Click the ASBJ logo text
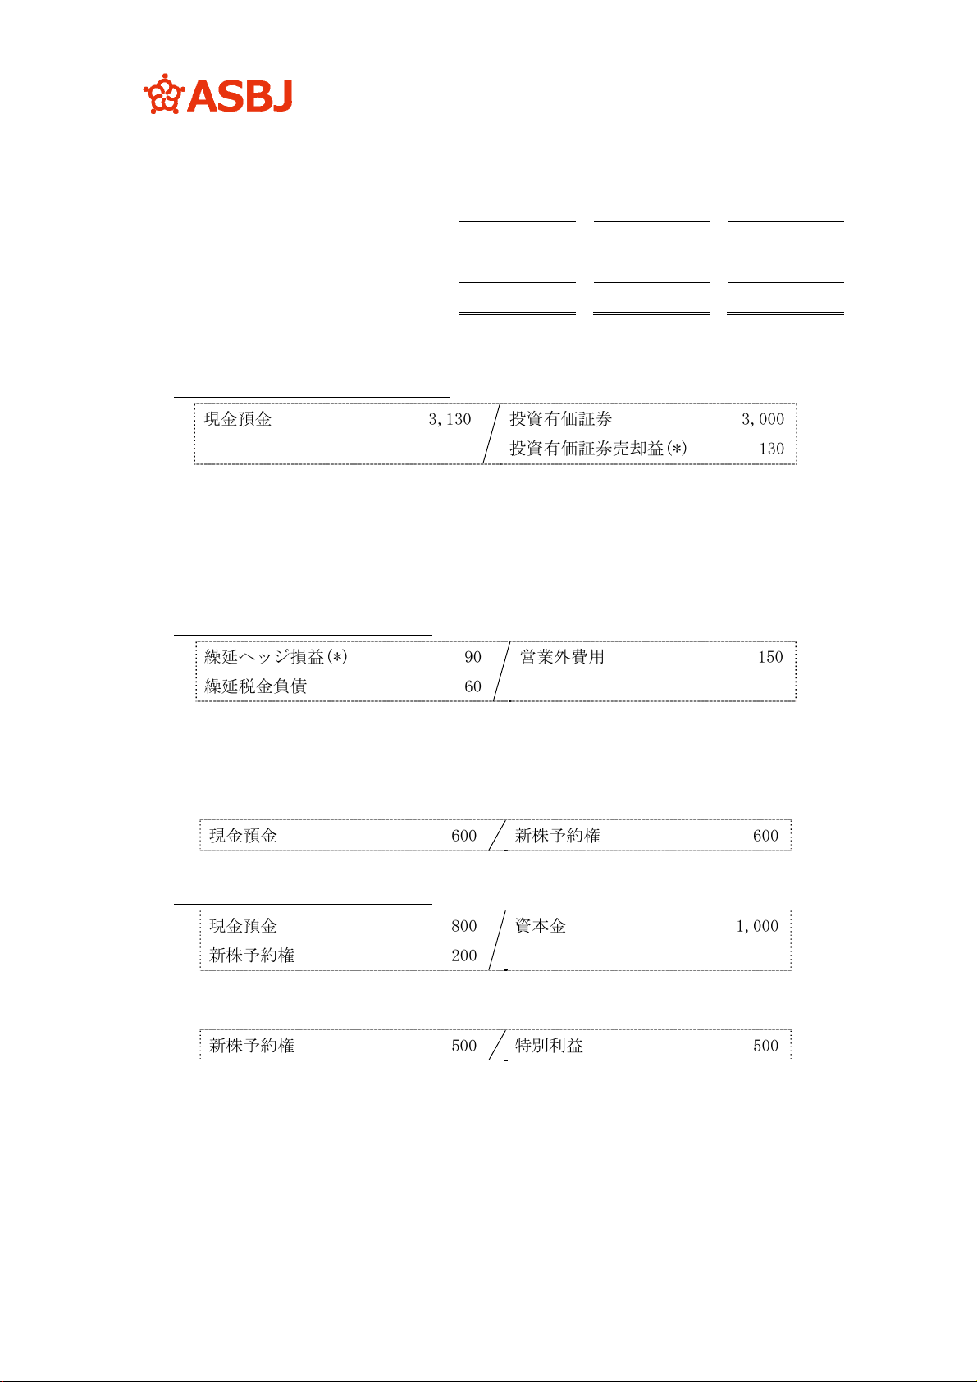tap(240, 96)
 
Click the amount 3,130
tap(450, 419)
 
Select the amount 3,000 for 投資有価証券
tap(762, 419)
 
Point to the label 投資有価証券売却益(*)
tap(598, 449)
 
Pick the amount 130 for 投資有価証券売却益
tap(771, 449)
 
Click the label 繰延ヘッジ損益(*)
tap(276, 657)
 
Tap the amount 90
tap(473, 657)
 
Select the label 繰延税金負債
tap(255, 686)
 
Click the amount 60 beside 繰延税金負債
tap(473, 686)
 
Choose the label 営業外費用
tap(562, 657)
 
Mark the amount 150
tap(770, 657)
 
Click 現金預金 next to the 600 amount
tap(243, 836)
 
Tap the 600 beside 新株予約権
tap(765, 836)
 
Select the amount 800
tap(463, 926)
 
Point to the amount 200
tap(463, 956)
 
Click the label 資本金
tap(540, 926)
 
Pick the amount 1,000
tap(756, 926)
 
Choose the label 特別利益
tap(549, 1046)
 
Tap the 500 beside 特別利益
tap(765, 1046)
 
